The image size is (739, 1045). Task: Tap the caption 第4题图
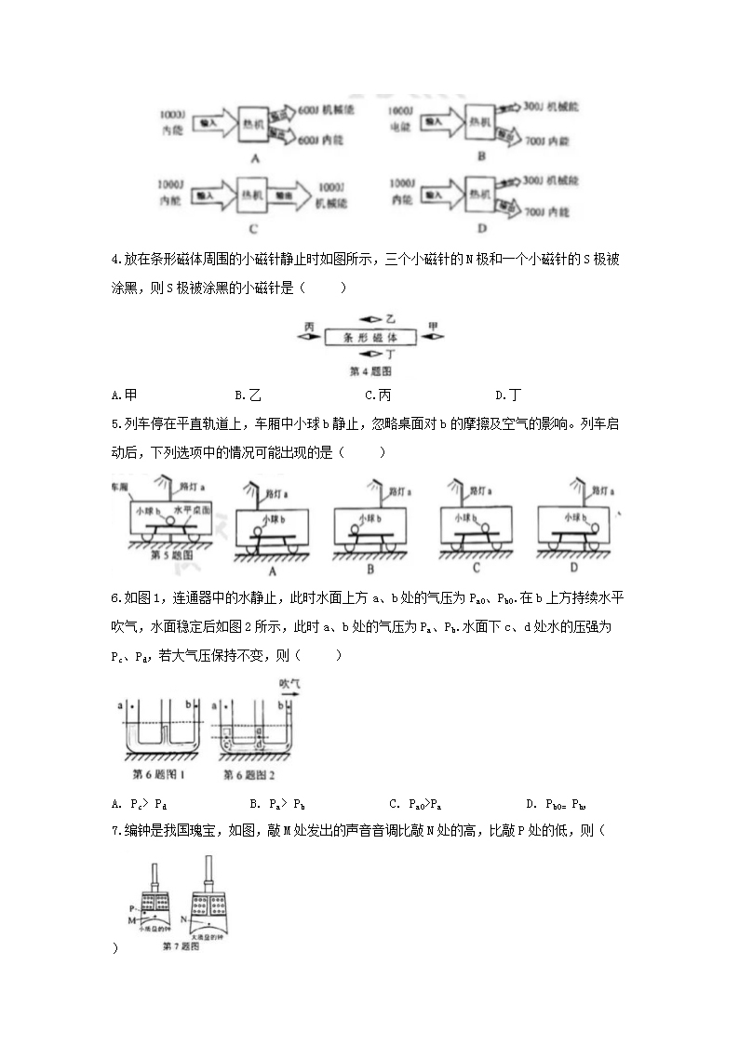pos(369,372)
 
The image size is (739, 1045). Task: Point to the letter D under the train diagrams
pos(573,567)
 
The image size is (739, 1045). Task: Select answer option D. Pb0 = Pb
pos(555,804)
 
